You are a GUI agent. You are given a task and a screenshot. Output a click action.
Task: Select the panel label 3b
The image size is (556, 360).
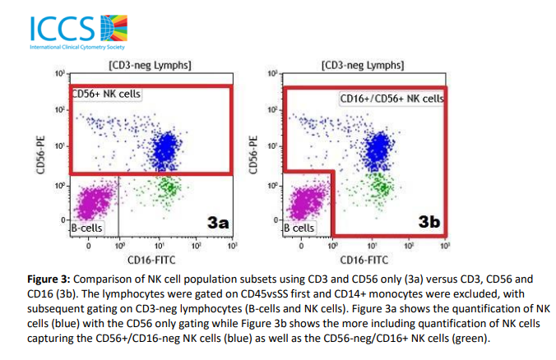coord(430,222)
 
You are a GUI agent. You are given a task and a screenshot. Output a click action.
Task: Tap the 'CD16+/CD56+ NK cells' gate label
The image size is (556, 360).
coord(392,99)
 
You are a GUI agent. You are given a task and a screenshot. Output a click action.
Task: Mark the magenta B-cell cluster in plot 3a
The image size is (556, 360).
coord(94,201)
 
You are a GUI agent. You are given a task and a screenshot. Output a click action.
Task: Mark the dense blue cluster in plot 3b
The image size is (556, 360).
coord(379,149)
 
